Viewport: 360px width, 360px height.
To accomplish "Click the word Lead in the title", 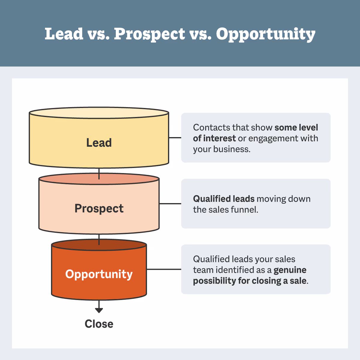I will pyautogui.click(x=64, y=34).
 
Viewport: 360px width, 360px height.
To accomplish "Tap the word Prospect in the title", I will pyautogui.click(x=149, y=34).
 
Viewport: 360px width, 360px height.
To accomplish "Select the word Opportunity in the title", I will pyautogui.click(x=265, y=34).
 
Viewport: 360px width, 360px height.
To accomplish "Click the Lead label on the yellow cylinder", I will pyautogui.click(x=99, y=143).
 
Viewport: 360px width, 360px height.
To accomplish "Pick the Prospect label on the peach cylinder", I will pyautogui.click(x=99, y=208).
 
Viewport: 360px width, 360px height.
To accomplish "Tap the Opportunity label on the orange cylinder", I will pyautogui.click(x=99, y=274).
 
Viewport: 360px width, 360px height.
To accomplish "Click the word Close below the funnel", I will pyautogui.click(x=99, y=324).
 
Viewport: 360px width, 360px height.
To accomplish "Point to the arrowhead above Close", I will pyautogui.click(x=99, y=310).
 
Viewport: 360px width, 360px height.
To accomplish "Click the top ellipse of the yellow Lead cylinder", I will pyautogui.click(x=99, y=113).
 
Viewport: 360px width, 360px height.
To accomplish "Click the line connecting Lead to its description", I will pyautogui.click(x=175, y=138).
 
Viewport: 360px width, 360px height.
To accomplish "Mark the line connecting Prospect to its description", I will pyautogui.click(x=170, y=204).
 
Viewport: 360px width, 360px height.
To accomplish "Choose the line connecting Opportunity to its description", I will pyautogui.click(x=164, y=269).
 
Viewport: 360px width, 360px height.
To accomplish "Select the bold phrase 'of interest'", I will pyautogui.click(x=214, y=138).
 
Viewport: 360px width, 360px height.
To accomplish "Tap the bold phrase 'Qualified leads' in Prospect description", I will pyautogui.click(x=224, y=199).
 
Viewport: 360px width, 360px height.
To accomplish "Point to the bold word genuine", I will pyautogui.click(x=290, y=270).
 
